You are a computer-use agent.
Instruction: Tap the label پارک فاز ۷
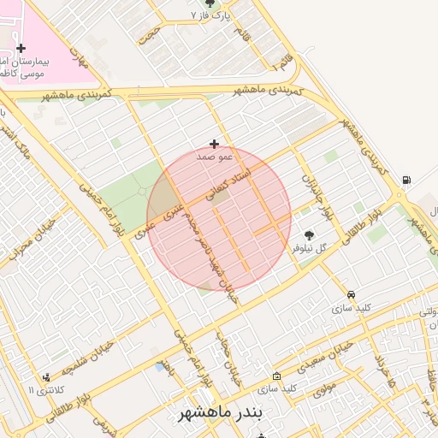(x=210, y=15)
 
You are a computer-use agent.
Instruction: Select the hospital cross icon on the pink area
(x=21, y=48)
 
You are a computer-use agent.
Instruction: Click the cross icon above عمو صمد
(x=214, y=144)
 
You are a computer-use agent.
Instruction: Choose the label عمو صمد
(x=214, y=157)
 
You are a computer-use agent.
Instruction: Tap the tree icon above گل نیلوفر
(x=308, y=235)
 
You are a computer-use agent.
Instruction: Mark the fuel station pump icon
(x=405, y=180)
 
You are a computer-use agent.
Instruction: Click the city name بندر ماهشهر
(x=218, y=414)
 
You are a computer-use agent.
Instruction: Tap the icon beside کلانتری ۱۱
(x=46, y=376)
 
